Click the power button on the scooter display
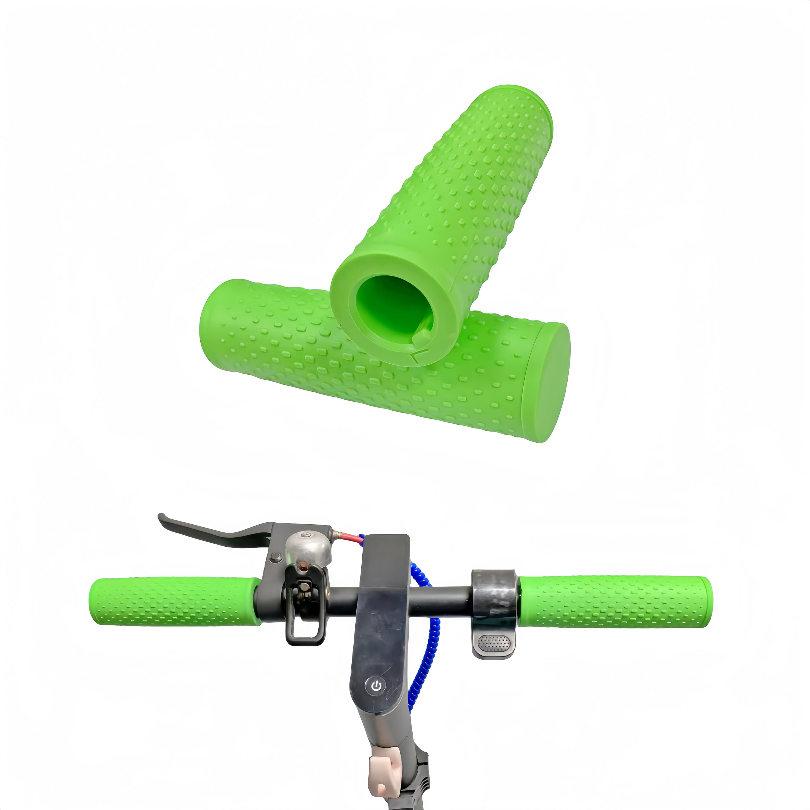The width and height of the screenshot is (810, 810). point(376,686)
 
